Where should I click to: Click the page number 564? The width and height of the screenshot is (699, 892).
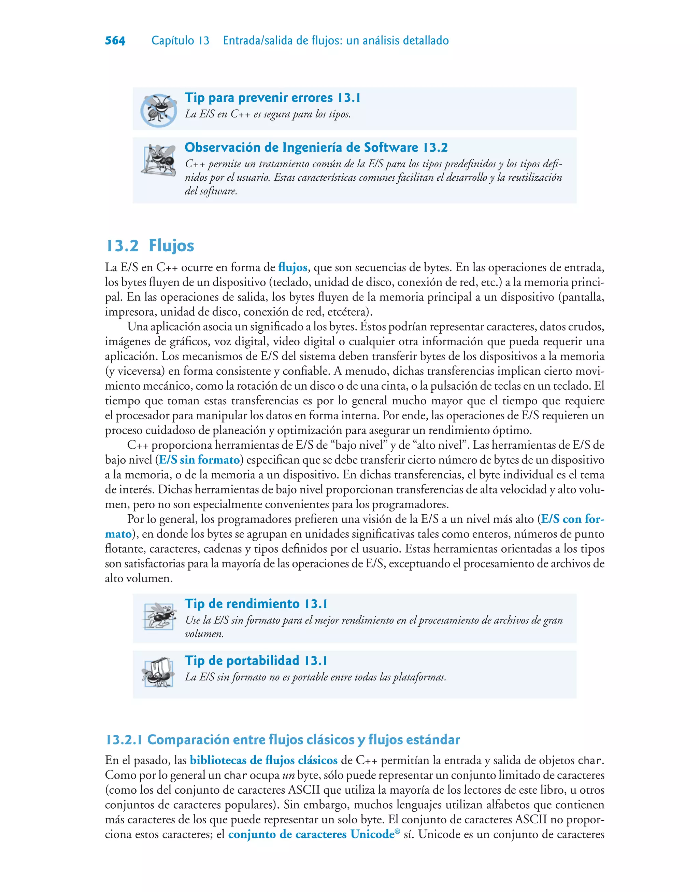point(115,41)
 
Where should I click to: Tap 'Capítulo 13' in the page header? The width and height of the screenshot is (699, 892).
point(180,41)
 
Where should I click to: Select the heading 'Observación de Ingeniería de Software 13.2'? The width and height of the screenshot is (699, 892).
point(316,148)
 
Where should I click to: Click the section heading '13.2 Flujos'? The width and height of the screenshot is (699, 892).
point(150,246)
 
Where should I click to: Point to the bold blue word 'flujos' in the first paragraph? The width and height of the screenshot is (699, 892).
point(293,267)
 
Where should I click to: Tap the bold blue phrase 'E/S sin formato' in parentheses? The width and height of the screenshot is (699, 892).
point(199,460)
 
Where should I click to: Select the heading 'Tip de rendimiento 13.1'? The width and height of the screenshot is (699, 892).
point(256,604)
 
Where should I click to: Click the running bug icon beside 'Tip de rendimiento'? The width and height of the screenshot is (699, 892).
point(159,616)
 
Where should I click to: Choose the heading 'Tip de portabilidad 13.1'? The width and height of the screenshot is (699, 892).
point(256,661)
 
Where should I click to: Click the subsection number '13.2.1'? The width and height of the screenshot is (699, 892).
point(124,740)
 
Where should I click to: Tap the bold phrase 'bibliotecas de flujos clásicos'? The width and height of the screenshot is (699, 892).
point(263,760)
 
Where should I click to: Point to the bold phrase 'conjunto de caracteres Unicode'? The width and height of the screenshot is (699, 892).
point(311,834)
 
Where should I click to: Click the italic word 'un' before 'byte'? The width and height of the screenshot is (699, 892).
point(288,775)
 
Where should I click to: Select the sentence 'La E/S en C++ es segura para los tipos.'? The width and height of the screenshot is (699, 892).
point(268,114)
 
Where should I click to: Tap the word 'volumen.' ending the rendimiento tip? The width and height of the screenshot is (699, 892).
point(204,634)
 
